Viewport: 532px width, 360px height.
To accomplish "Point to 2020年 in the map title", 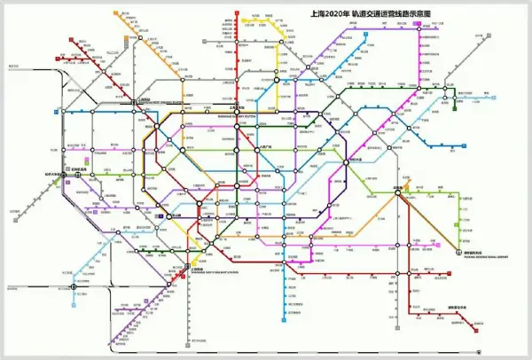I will pos(335,14).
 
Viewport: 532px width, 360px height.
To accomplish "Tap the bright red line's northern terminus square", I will pos(237,12).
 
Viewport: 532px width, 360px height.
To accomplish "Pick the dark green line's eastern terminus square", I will pos(456,108).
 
